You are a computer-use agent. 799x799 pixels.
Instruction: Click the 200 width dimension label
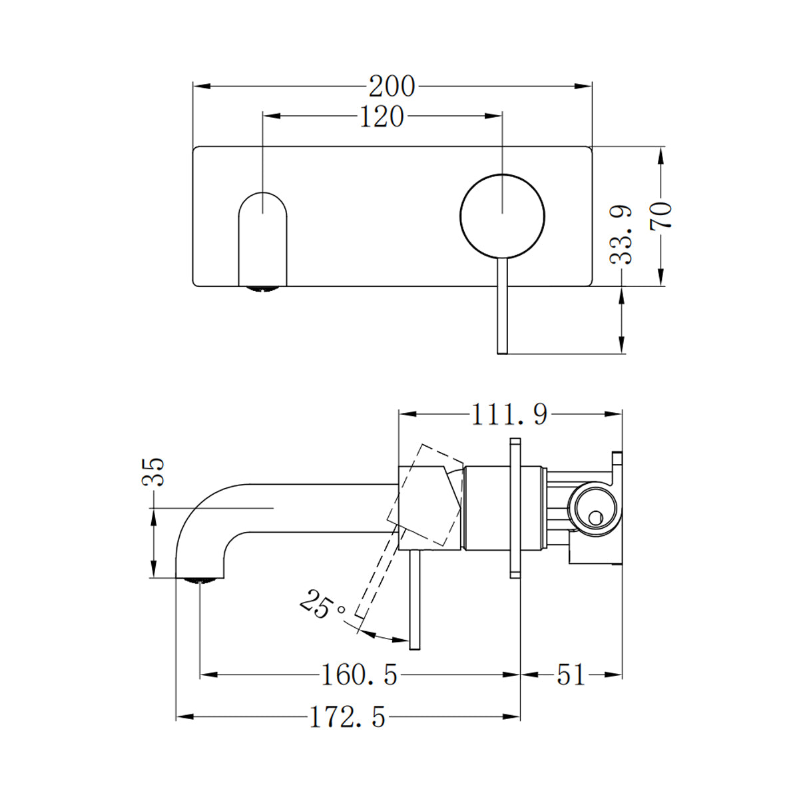click(392, 87)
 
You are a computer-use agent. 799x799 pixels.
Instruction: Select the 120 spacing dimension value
click(382, 117)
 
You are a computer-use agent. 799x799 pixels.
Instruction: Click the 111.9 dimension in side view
click(509, 415)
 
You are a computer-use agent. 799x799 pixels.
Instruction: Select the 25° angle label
click(323, 605)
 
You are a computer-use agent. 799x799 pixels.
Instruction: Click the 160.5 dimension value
click(360, 675)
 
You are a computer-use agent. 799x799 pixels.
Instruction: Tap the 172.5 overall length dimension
click(348, 717)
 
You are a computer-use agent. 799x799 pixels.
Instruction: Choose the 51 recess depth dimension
click(571, 675)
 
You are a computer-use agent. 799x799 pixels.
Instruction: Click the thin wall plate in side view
click(515, 506)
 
